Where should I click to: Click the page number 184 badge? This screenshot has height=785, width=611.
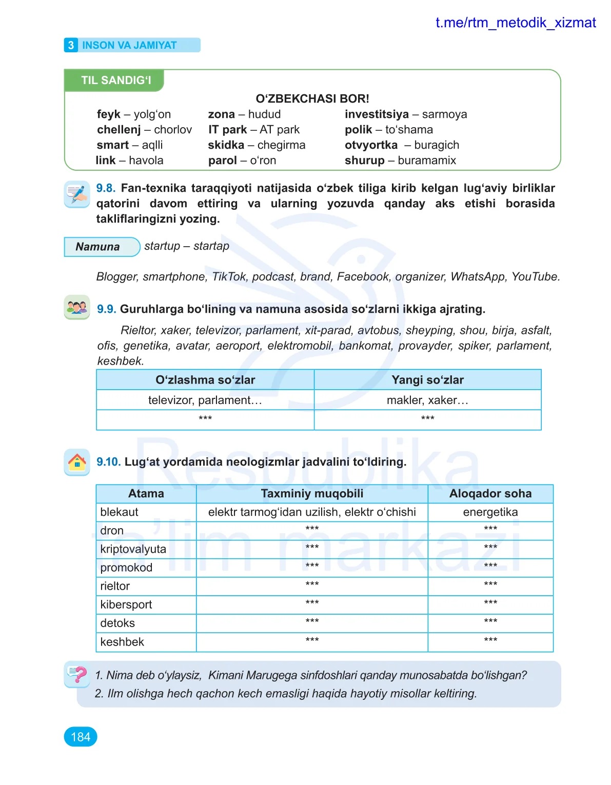tap(81, 737)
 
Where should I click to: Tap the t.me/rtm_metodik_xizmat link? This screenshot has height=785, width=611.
tap(515, 23)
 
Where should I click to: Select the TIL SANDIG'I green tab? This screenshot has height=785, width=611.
tap(115, 80)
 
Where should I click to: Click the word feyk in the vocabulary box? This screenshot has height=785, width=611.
tap(108, 114)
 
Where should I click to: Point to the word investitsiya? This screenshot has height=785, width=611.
tap(377, 114)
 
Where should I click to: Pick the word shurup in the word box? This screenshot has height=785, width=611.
tap(364, 160)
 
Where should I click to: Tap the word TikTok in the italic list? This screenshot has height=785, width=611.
tap(229, 277)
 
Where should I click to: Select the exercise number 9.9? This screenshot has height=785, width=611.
tap(106, 309)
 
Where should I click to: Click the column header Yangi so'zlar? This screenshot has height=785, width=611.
tap(427, 380)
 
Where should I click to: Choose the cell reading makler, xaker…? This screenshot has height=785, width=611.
tap(427, 400)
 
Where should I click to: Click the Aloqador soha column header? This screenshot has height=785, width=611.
tap(490, 494)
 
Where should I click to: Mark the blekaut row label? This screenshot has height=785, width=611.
tap(120, 512)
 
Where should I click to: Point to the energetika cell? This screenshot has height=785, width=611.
tap(490, 512)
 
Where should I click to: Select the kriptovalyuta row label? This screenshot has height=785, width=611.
tap(133, 549)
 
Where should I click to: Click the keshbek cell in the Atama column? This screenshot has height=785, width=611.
tap(122, 642)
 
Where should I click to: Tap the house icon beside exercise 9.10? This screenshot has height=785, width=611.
tap(77, 462)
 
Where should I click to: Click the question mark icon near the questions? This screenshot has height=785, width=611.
tap(77, 674)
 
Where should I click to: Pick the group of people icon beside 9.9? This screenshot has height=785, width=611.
tap(77, 308)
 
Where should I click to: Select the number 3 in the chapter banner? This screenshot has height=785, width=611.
tap(71, 45)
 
